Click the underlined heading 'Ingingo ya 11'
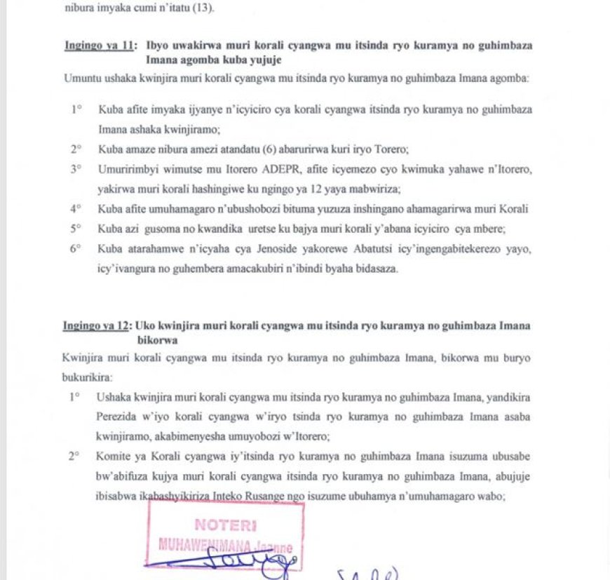tap(99, 46)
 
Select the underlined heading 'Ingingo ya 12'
tap(97, 325)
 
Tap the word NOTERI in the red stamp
tap(225, 525)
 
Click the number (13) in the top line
tap(203, 9)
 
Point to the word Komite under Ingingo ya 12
tap(113, 457)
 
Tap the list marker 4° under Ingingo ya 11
tap(75, 209)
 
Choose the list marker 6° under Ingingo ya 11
tap(75, 248)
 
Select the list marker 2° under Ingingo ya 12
tap(74, 457)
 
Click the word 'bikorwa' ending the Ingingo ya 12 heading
tap(157, 340)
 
